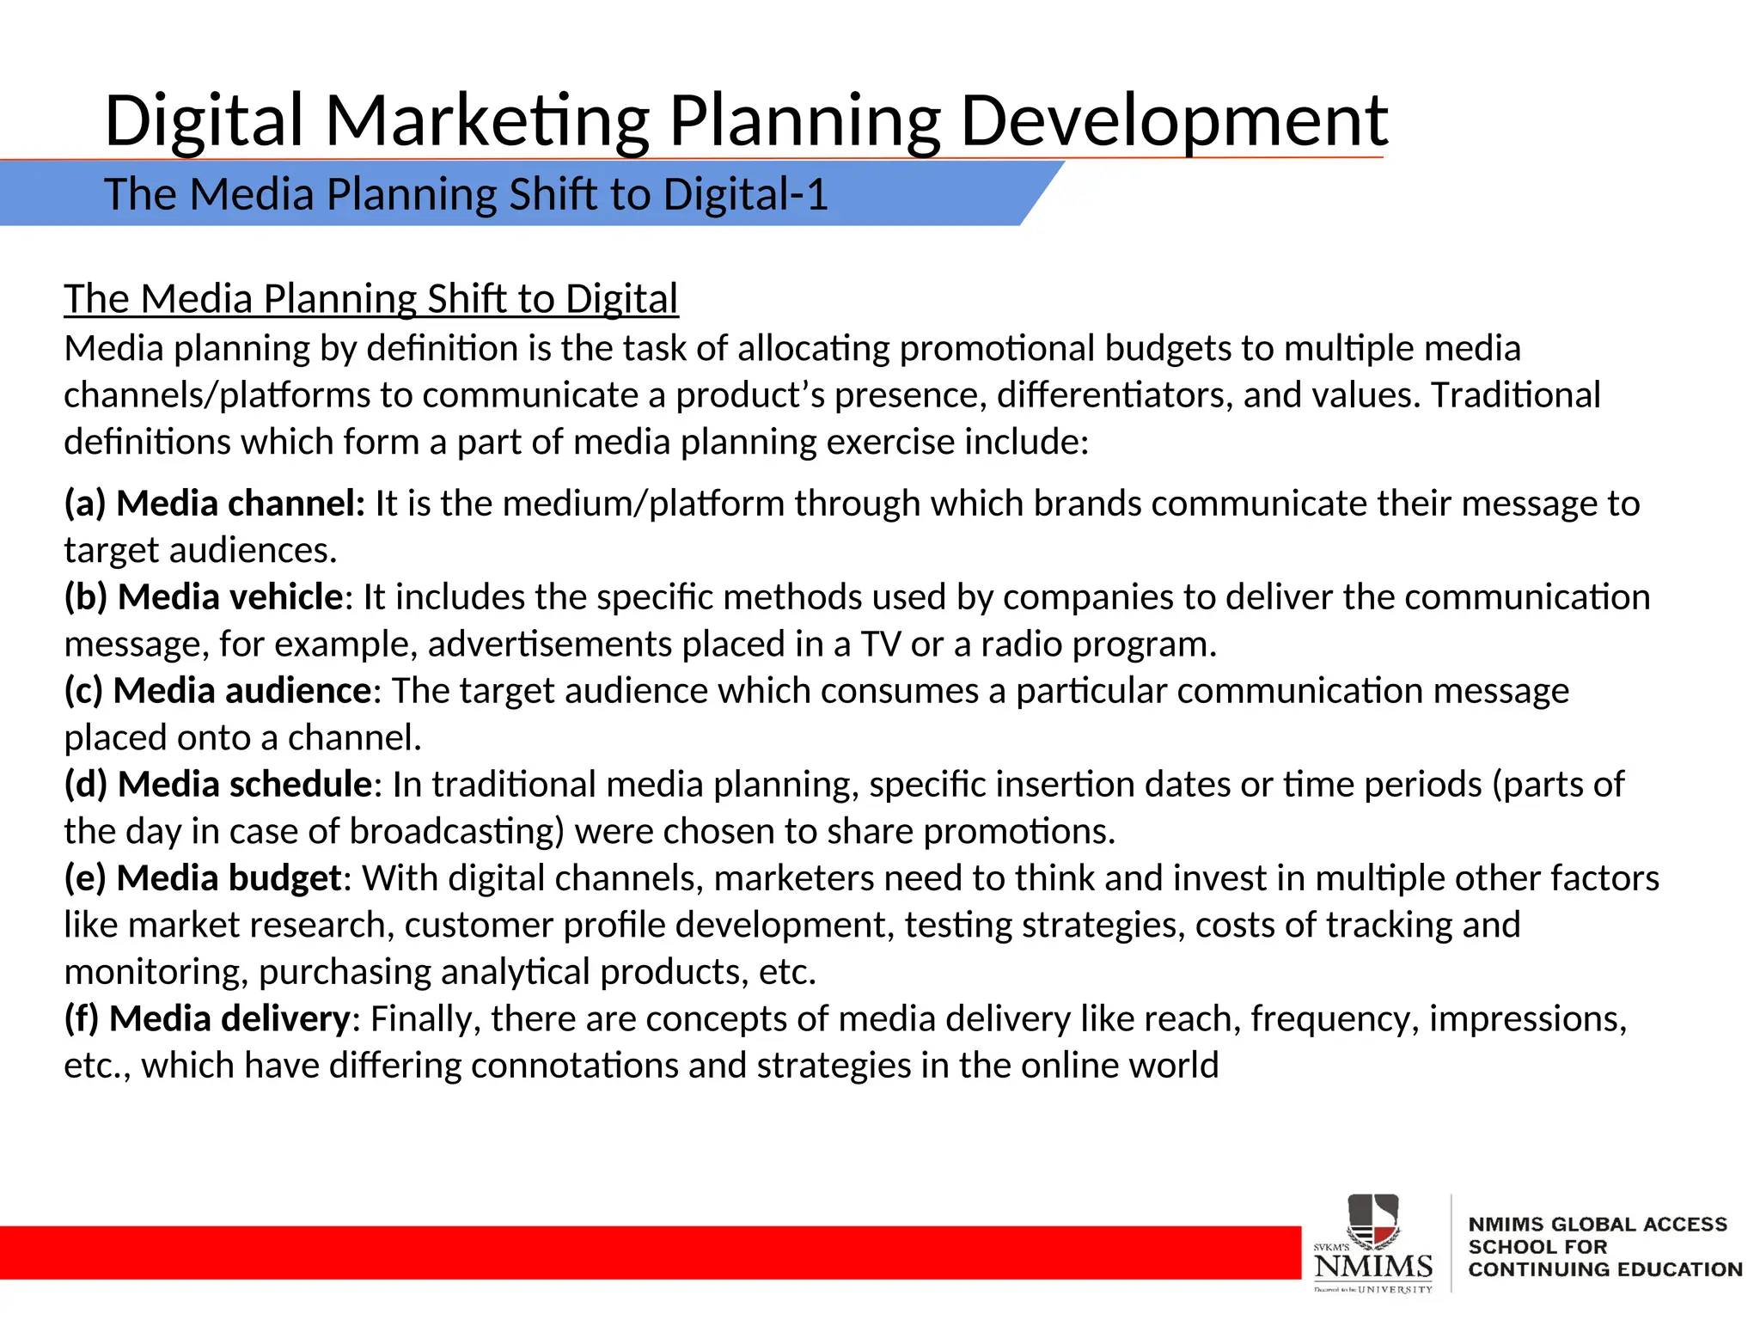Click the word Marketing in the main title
486,121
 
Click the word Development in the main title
1173,121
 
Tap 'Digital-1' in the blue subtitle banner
744,194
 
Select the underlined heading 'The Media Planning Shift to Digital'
370,299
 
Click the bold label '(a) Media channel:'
215,504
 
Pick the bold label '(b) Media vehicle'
204,597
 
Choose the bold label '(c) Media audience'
217,691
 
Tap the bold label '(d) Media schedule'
218,785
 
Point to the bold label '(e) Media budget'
204,878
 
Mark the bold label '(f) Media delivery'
206,1019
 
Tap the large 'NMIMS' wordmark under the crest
1373,1266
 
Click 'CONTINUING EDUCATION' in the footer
1605,1270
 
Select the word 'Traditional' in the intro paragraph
1516,395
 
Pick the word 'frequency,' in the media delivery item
1335,1019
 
